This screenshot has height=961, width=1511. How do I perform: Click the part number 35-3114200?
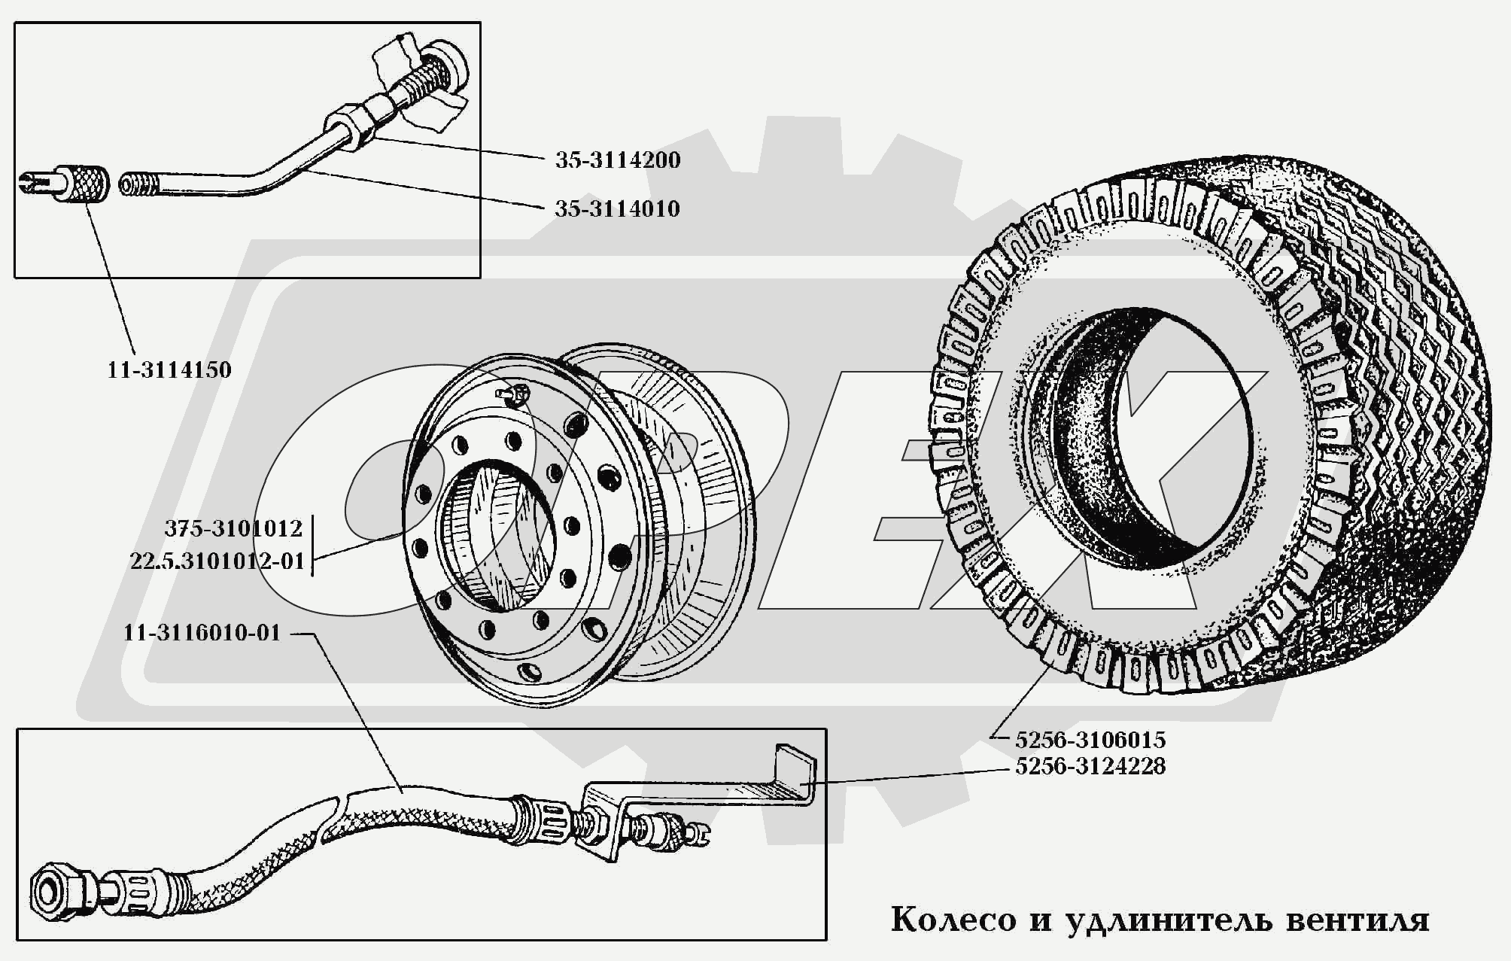618,160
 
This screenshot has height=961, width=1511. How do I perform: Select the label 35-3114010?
617,209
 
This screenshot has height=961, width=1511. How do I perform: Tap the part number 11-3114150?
169,370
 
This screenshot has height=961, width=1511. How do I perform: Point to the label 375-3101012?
233,529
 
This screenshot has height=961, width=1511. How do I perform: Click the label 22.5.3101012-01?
217,561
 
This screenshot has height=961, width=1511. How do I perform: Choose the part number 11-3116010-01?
202,633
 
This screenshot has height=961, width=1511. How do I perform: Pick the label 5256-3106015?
1090,740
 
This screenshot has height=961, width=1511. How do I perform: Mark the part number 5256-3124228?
1090,767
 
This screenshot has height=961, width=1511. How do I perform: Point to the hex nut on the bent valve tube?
350,125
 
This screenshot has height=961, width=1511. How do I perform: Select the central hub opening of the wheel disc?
497,534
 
